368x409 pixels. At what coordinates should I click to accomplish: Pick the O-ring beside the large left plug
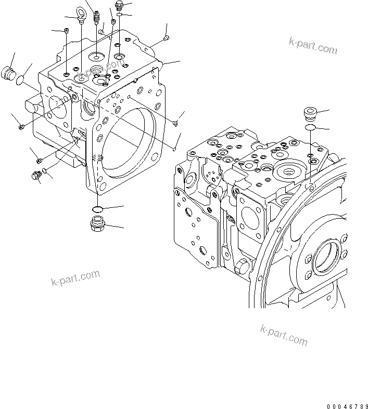pos(20,81)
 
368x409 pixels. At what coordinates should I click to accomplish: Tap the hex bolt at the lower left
pos(36,177)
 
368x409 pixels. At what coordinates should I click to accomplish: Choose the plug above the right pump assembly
pos(311,113)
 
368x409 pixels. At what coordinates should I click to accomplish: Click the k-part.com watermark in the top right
pos(313,46)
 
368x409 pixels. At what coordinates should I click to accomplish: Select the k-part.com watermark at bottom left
pos(75,278)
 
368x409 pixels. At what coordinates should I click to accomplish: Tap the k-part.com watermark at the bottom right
pos(284,336)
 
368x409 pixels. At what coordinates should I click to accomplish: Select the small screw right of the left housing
pos(175,123)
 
